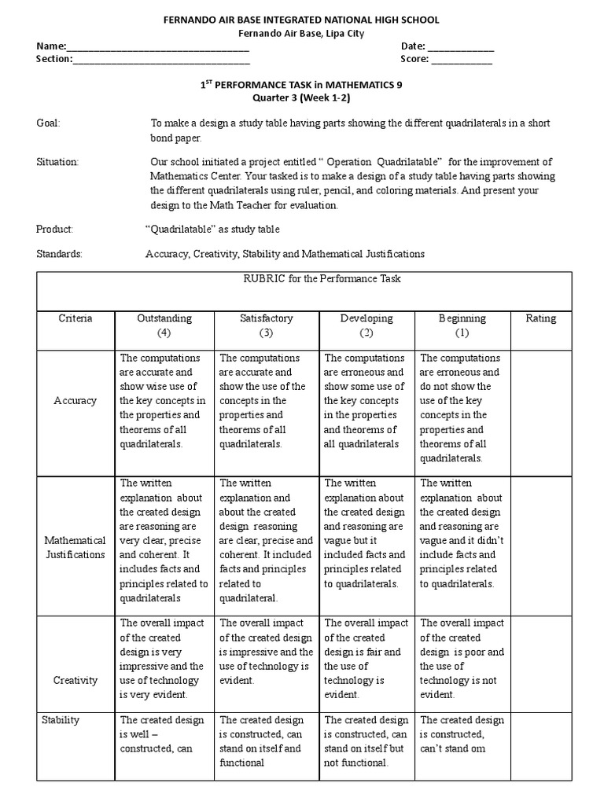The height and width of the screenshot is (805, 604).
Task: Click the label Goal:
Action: (x=48, y=123)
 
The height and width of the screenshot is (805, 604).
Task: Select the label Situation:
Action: (x=57, y=162)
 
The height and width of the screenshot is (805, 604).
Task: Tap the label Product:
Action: (x=54, y=229)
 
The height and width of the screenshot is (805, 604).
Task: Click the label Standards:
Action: (x=59, y=254)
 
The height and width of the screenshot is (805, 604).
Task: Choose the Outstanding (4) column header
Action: (x=164, y=325)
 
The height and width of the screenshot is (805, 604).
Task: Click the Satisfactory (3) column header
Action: (x=267, y=325)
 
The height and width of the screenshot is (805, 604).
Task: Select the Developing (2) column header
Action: (x=366, y=325)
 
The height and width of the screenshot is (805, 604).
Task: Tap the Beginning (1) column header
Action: (x=462, y=325)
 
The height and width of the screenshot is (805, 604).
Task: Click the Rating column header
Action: (x=540, y=318)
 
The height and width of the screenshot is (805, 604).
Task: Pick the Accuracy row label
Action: (x=75, y=401)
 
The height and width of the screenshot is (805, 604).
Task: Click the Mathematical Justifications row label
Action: (x=75, y=547)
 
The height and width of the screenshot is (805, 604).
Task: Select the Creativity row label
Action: (x=75, y=680)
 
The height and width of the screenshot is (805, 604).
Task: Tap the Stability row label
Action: (x=61, y=720)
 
